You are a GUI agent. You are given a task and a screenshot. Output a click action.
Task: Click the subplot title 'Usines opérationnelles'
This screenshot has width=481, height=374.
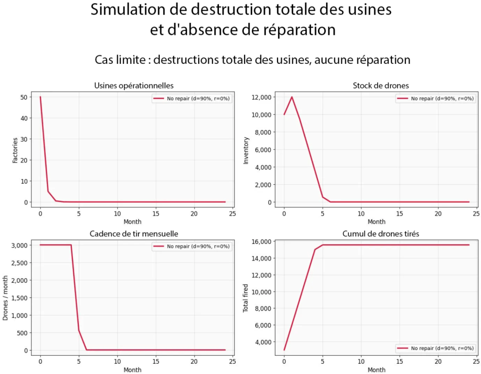134,86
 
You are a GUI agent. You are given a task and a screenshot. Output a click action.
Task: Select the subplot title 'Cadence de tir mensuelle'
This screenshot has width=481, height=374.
134,234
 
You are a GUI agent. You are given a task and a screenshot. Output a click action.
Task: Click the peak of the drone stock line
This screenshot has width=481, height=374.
292,97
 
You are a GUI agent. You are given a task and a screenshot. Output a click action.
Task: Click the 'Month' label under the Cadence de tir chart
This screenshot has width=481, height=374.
132,370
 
